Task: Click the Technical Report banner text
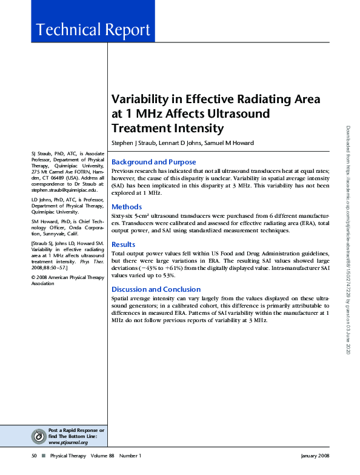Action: [93, 30]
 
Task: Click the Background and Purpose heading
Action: [154, 162]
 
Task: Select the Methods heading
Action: [127, 207]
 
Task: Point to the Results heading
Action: [124, 244]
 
